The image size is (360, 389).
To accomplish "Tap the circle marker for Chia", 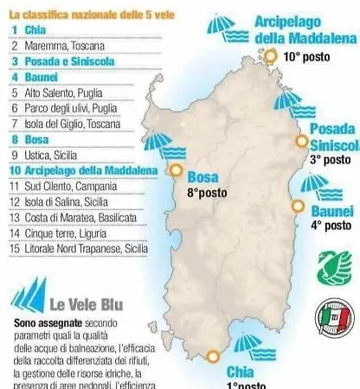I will pyautogui.click(x=213, y=355).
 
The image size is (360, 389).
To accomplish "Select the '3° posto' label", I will pyautogui.click(x=331, y=159).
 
